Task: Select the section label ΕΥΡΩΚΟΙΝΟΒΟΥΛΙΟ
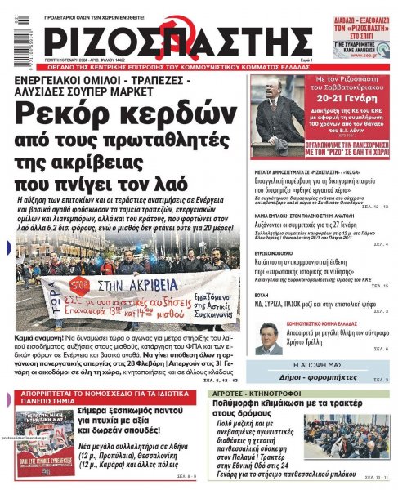coord(278,253)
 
